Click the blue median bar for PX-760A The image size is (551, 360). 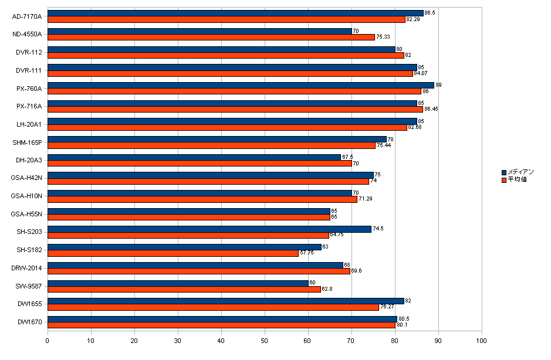[241, 85]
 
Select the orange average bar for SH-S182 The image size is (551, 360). [173, 253]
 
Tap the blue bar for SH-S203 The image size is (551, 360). [209, 229]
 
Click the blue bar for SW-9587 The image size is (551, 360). [178, 283]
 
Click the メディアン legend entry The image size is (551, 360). [522, 172]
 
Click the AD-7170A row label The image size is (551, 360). [27, 16]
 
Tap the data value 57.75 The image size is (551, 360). [307, 253]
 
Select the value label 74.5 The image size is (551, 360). [378, 229]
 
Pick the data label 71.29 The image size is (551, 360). [366, 199]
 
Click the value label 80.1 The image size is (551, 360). [401, 325]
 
